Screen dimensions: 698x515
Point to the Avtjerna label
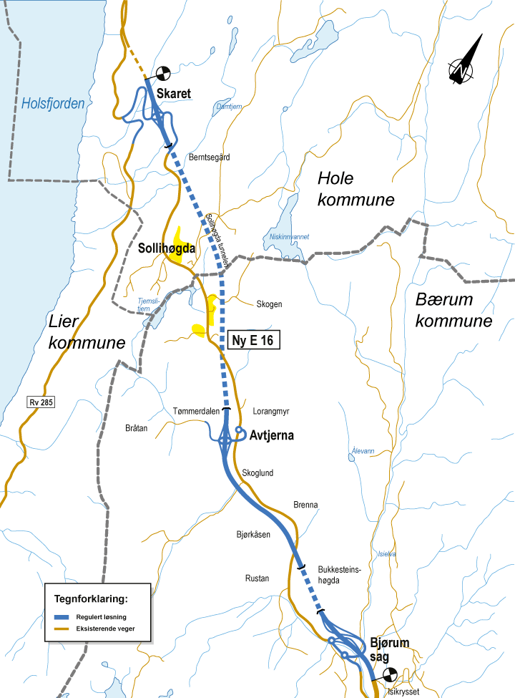(271, 435)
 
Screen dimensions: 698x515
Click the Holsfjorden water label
(53, 104)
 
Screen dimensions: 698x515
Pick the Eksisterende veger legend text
(108, 629)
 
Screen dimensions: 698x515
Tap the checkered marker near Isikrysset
(390, 674)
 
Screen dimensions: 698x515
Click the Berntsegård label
(209, 157)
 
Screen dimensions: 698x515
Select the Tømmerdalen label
(195, 411)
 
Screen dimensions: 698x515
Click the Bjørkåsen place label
(253, 534)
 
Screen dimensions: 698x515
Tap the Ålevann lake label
(363, 451)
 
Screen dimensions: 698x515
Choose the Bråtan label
(134, 428)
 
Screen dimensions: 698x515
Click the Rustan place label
(257, 578)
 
